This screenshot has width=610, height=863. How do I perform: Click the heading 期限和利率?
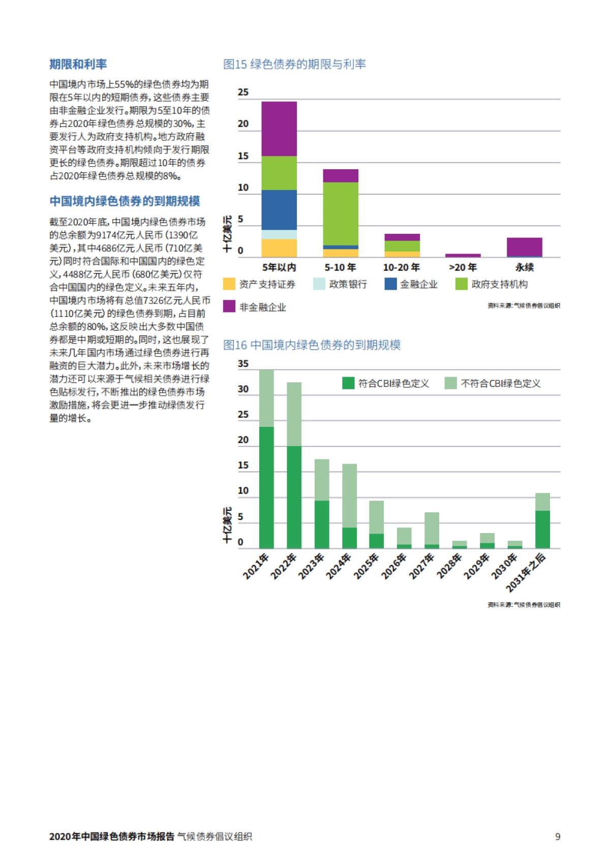tap(78, 65)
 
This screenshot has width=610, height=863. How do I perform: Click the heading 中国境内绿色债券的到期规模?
tap(125, 201)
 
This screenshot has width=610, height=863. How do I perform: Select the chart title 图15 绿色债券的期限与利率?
tap(294, 65)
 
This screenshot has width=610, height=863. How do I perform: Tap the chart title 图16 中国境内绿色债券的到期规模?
tap(312, 345)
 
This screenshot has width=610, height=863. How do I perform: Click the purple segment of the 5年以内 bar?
tap(279, 129)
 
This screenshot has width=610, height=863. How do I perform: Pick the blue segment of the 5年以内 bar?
tap(279, 210)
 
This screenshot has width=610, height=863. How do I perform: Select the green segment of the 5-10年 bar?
tap(341, 213)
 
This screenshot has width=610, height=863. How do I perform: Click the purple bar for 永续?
tap(524, 247)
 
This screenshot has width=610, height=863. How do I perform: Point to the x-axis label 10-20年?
tap(401, 267)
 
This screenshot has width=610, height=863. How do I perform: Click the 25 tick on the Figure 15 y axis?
tap(243, 93)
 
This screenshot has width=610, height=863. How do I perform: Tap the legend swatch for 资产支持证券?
tap(229, 284)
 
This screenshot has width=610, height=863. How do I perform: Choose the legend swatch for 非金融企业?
tap(229, 306)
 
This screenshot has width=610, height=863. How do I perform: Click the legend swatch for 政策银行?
tap(319, 284)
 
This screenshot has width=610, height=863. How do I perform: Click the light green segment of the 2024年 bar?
tap(349, 496)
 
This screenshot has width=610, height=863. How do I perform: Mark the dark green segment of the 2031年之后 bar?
tap(542, 529)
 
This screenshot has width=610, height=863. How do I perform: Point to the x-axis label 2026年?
tap(394, 566)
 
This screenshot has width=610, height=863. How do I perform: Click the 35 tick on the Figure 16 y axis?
tap(243, 364)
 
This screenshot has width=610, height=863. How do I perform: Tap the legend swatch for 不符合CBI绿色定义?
tap(450, 383)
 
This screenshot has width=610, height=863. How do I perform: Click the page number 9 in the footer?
tap(558, 837)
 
